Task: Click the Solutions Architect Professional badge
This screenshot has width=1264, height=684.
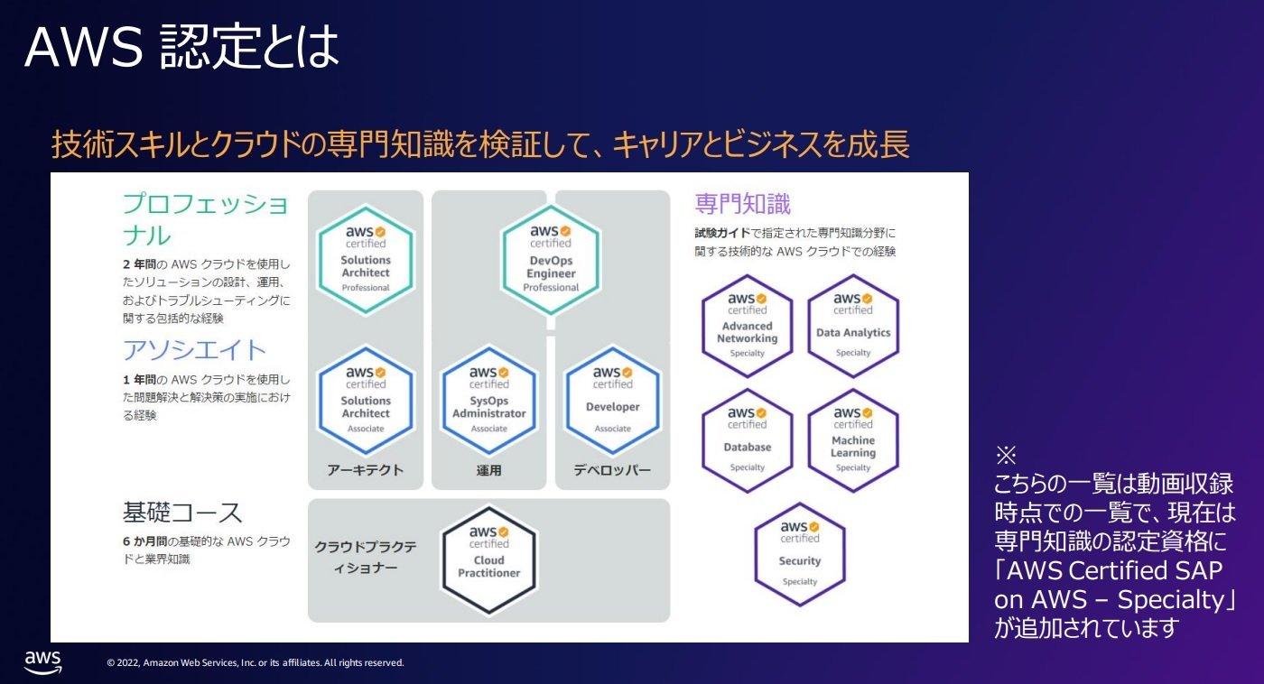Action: coord(366,260)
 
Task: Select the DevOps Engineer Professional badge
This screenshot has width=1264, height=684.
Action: coord(551,260)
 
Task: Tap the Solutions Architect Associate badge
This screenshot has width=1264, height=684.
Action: coord(366,401)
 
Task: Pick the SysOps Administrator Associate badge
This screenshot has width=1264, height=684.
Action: coord(488,401)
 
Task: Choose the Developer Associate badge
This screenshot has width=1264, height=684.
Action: coord(613,401)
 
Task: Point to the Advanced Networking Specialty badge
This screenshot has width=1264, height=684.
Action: coord(748,326)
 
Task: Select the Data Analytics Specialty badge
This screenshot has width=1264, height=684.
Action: coord(853,326)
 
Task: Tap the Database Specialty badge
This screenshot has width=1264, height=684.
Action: coord(748,440)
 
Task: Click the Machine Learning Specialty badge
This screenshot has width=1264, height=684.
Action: coord(853,440)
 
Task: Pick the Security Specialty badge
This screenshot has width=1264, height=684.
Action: coord(800,554)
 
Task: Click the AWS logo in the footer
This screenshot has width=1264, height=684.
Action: coord(43,662)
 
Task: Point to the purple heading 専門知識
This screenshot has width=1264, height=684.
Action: coord(742,204)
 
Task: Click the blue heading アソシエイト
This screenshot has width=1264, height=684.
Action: coord(194,349)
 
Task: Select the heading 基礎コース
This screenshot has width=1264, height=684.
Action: coord(182,513)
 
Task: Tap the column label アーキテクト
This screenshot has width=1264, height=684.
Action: coord(366,470)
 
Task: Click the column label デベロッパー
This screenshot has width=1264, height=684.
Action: coord(612,470)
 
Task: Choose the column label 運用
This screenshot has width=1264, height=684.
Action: coord(488,470)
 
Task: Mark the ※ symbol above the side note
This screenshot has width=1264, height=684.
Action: coord(1006,455)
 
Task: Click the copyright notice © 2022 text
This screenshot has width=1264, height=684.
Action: coord(255,662)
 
